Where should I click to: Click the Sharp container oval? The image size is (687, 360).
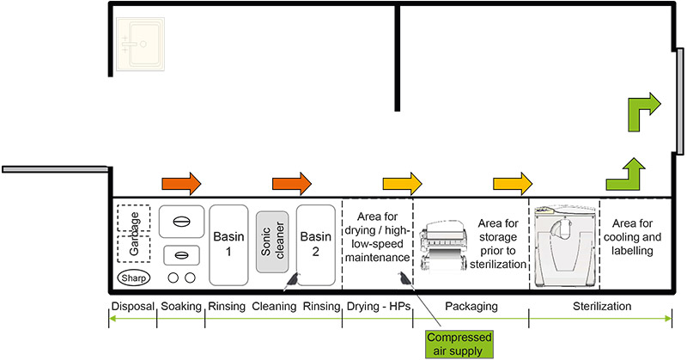coord(134,278)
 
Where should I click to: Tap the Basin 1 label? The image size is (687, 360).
coord(228,244)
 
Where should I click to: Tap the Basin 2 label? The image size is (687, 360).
coord(314,244)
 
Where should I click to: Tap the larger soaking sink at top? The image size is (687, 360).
coord(181,222)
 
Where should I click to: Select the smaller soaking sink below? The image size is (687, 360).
coord(181,254)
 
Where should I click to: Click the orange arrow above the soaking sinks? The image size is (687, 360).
coord(181,183)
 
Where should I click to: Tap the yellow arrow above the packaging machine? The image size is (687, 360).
coord(512,183)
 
